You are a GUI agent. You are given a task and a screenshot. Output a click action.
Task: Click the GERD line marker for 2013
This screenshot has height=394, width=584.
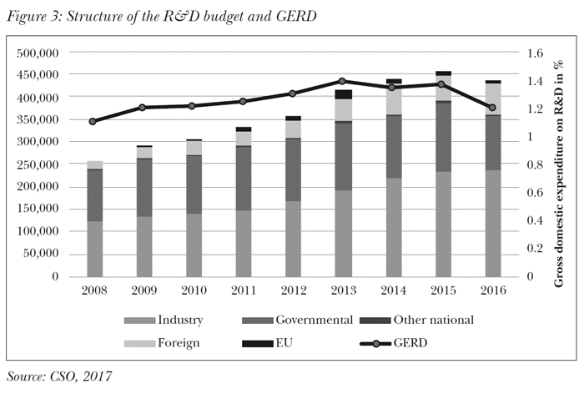(342, 82)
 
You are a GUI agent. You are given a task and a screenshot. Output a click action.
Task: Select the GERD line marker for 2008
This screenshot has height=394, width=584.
(93, 121)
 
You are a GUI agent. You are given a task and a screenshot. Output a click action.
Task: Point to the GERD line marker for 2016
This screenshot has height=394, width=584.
(491, 108)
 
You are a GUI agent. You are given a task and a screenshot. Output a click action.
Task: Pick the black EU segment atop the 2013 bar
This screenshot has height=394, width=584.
(342, 94)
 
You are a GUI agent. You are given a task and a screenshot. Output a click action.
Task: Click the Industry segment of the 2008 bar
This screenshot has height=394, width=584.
(93, 248)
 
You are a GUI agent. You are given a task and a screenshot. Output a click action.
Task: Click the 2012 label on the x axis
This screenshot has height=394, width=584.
(292, 290)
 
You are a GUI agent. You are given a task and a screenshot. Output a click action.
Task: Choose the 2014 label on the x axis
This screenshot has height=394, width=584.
(391, 290)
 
